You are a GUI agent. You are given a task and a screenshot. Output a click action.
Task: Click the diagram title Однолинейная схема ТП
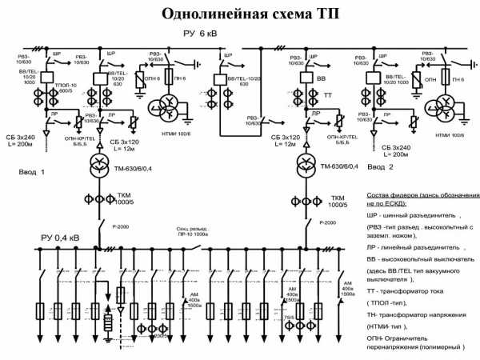coord(241,14)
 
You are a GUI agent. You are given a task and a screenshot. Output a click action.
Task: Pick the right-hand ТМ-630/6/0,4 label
coord(341,166)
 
